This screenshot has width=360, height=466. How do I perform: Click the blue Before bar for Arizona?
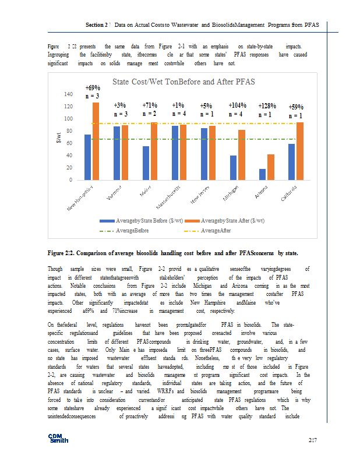click(262, 174)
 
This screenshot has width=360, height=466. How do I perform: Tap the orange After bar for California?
click(299, 151)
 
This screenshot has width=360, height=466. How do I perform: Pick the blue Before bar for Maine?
click(146, 163)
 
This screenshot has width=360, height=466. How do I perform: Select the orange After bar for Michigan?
click(241, 155)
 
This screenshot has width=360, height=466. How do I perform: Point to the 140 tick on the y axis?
click(68, 94)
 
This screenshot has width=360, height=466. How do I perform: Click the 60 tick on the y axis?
click(69, 143)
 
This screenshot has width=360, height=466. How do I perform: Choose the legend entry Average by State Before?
click(149, 221)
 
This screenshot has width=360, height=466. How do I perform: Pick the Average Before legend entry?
click(132, 230)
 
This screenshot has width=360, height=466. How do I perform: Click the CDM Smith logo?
click(59, 438)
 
